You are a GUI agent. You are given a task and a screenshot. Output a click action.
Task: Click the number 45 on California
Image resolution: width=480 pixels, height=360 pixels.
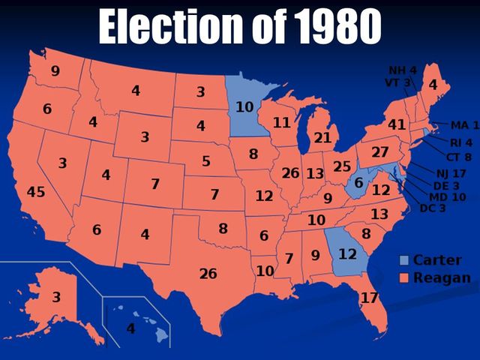click(x=36, y=192)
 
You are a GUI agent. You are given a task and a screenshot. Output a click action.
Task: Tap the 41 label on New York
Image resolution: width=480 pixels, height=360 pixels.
click(x=397, y=124)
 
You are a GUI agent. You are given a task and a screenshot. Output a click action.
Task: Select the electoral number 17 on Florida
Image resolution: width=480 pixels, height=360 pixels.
click(x=369, y=298)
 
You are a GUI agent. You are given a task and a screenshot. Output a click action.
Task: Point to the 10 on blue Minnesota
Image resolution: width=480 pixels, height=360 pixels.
click(x=244, y=107)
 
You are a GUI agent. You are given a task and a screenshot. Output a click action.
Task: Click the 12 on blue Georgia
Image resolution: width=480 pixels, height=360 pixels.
click(x=346, y=254)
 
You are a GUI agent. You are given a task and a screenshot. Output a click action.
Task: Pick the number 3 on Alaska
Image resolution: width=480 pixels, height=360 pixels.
click(x=55, y=297)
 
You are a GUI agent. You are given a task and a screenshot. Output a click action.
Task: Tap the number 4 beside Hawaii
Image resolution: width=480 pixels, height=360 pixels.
click(x=130, y=328)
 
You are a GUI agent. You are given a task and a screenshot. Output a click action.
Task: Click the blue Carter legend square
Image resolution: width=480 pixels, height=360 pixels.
click(x=404, y=261)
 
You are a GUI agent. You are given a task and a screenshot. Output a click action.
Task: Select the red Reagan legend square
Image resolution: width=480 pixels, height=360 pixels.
click(x=404, y=278)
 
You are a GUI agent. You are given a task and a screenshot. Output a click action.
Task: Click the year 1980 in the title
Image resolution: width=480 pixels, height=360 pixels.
click(x=335, y=27)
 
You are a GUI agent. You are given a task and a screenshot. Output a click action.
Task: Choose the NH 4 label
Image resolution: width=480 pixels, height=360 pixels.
click(x=402, y=70)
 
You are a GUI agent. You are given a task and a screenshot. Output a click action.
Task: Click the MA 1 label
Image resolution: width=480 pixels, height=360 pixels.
click(x=465, y=124)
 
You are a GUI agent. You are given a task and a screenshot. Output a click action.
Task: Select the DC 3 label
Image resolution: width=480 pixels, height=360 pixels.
click(x=433, y=208)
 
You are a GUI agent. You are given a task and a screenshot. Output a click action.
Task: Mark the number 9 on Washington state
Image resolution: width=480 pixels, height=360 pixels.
click(x=55, y=71)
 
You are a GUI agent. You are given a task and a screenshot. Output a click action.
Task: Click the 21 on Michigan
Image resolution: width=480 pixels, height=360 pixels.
click(x=322, y=137)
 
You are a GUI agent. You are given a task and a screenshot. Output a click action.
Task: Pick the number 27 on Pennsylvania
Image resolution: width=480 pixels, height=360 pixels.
click(x=380, y=151)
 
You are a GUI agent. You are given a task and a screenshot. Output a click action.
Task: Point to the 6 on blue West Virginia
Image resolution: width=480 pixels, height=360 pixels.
click(x=359, y=183)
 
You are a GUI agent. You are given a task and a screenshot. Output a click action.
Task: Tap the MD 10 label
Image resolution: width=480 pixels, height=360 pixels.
click(x=447, y=196)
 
